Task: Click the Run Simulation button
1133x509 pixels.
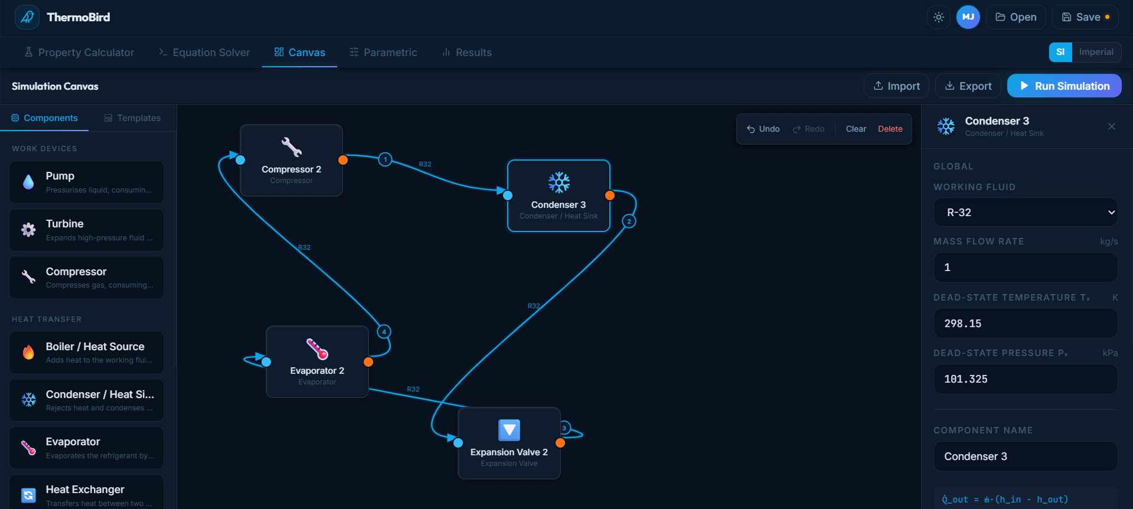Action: (1064, 86)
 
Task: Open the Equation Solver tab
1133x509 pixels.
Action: (204, 53)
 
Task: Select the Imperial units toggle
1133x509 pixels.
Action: (1096, 52)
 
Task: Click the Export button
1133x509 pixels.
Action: (968, 86)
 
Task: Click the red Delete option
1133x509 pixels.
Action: (890, 129)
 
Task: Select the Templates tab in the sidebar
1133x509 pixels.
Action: (132, 118)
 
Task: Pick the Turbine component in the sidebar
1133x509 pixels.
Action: (86, 230)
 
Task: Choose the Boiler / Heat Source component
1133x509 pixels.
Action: (86, 353)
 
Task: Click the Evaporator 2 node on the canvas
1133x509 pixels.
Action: (317, 361)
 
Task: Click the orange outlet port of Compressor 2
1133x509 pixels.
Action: (343, 160)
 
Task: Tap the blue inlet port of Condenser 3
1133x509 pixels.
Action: (508, 195)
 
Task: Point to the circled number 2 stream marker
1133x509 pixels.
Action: (629, 221)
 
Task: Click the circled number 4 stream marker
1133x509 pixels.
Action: (384, 332)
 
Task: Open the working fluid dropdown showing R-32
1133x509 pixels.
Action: (1025, 213)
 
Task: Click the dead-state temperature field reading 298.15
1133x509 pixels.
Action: (1025, 324)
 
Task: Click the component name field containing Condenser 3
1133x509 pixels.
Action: (1025, 456)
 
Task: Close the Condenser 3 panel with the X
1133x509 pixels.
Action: (1111, 126)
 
